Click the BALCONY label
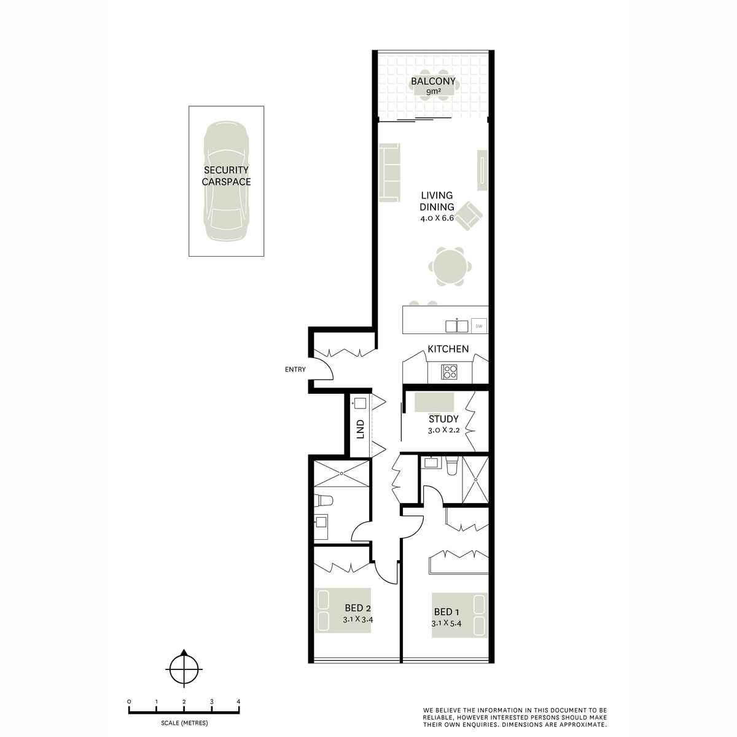click(433, 81)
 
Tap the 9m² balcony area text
click(433, 92)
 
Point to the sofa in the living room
click(389, 173)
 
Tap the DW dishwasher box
click(478, 326)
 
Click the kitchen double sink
click(456, 326)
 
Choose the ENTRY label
click(295, 369)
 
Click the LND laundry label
click(361, 428)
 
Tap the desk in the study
click(434, 402)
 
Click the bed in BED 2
click(335, 610)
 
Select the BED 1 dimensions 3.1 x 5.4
click(446, 623)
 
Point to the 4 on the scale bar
click(238, 701)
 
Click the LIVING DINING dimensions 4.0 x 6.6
click(437, 219)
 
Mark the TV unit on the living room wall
click(483, 170)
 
